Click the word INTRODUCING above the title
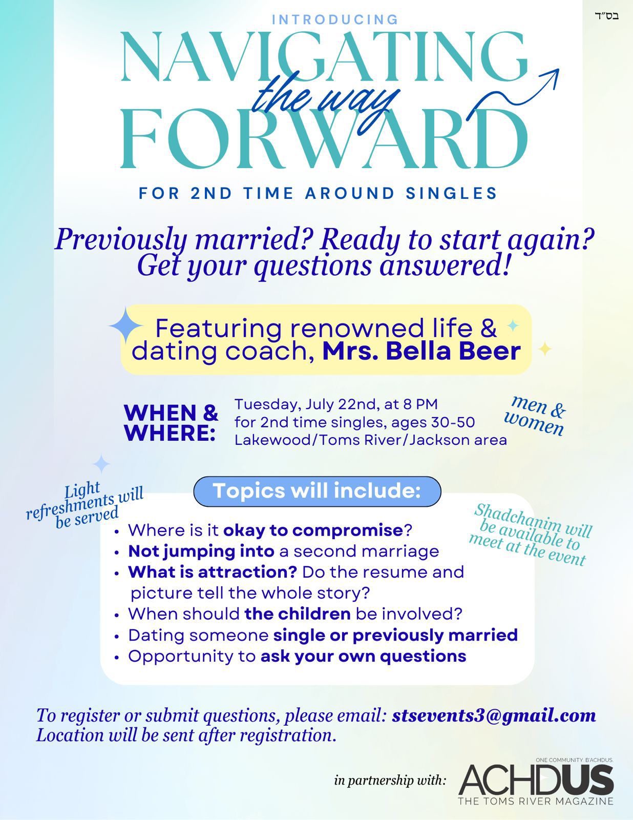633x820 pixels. pos(335,19)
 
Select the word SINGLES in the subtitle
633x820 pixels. pos(451,193)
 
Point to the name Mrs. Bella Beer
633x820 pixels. pos(421,351)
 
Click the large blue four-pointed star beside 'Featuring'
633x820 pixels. pos(126,325)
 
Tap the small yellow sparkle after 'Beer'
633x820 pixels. pos(544,348)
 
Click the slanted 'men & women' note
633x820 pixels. pos(535,416)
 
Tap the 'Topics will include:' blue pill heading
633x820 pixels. pos(317,491)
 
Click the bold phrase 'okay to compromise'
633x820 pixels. pos(313,530)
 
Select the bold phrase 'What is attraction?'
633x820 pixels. pos(213,572)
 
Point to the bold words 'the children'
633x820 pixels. pos(298,614)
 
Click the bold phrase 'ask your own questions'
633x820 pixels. pos(364,656)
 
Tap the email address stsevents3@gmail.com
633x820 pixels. pos(494,715)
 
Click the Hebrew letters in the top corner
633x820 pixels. pos(606,16)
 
